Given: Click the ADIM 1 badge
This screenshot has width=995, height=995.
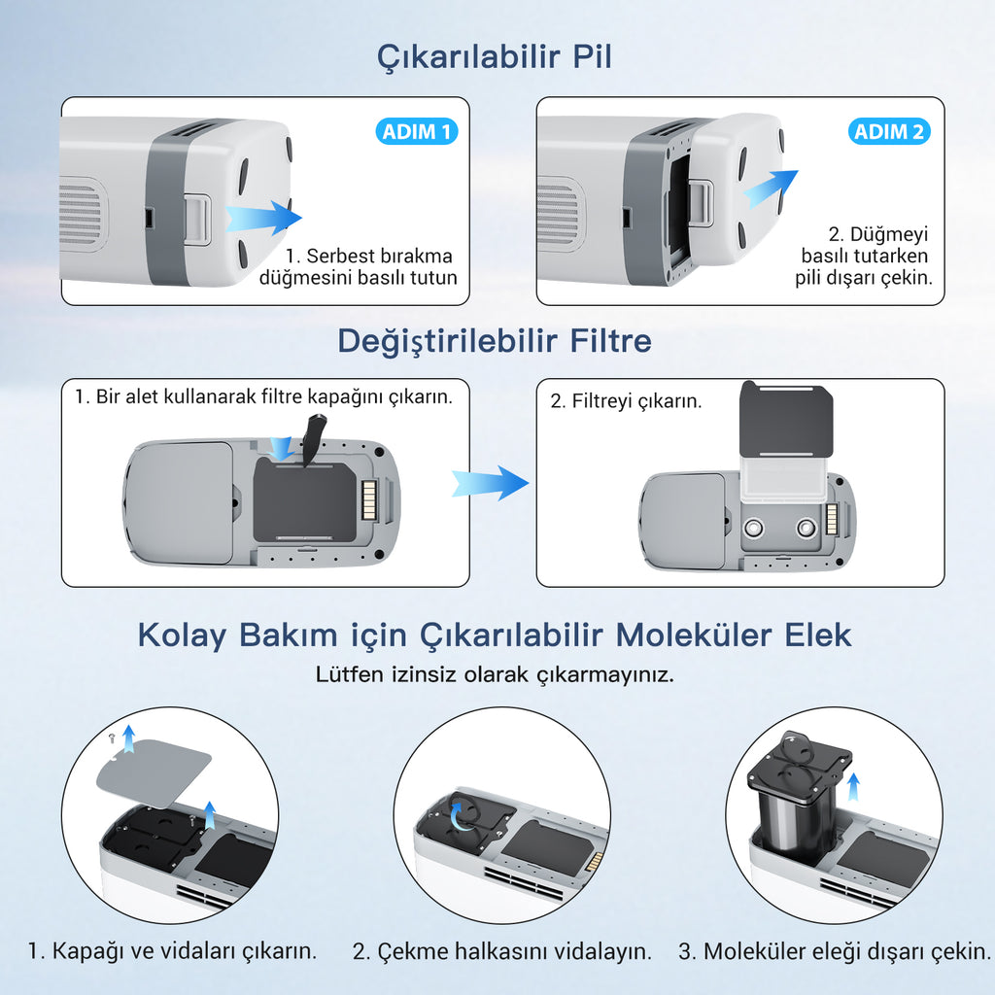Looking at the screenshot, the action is click(x=416, y=131).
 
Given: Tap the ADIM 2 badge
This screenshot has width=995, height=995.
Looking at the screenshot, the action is click(x=889, y=131).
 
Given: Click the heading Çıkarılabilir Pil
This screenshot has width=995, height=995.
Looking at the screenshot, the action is click(x=495, y=57).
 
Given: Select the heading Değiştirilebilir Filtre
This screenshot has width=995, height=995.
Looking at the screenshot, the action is click(x=495, y=341).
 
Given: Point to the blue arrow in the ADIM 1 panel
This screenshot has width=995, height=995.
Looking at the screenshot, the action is click(x=263, y=218).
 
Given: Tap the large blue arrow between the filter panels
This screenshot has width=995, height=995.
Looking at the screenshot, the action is click(x=490, y=483).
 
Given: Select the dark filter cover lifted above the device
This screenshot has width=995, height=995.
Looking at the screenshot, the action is click(x=787, y=419).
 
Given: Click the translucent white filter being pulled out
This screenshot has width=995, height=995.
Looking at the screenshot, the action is click(x=784, y=480).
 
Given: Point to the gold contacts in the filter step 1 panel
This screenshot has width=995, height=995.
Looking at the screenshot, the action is click(x=369, y=498).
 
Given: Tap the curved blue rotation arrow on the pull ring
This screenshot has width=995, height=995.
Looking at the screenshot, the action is click(x=461, y=816).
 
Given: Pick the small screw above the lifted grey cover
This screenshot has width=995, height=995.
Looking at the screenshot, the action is click(x=111, y=738).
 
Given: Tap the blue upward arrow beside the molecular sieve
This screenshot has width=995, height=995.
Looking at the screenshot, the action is click(x=853, y=787).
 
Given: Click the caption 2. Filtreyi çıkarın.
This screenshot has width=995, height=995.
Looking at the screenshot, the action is click(x=626, y=401).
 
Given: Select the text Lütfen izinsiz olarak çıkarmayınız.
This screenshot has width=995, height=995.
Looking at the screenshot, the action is click(x=495, y=674).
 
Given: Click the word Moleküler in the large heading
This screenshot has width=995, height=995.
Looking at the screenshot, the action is click(x=686, y=635).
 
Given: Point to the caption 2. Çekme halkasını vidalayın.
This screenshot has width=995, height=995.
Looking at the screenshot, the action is click(x=502, y=951).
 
